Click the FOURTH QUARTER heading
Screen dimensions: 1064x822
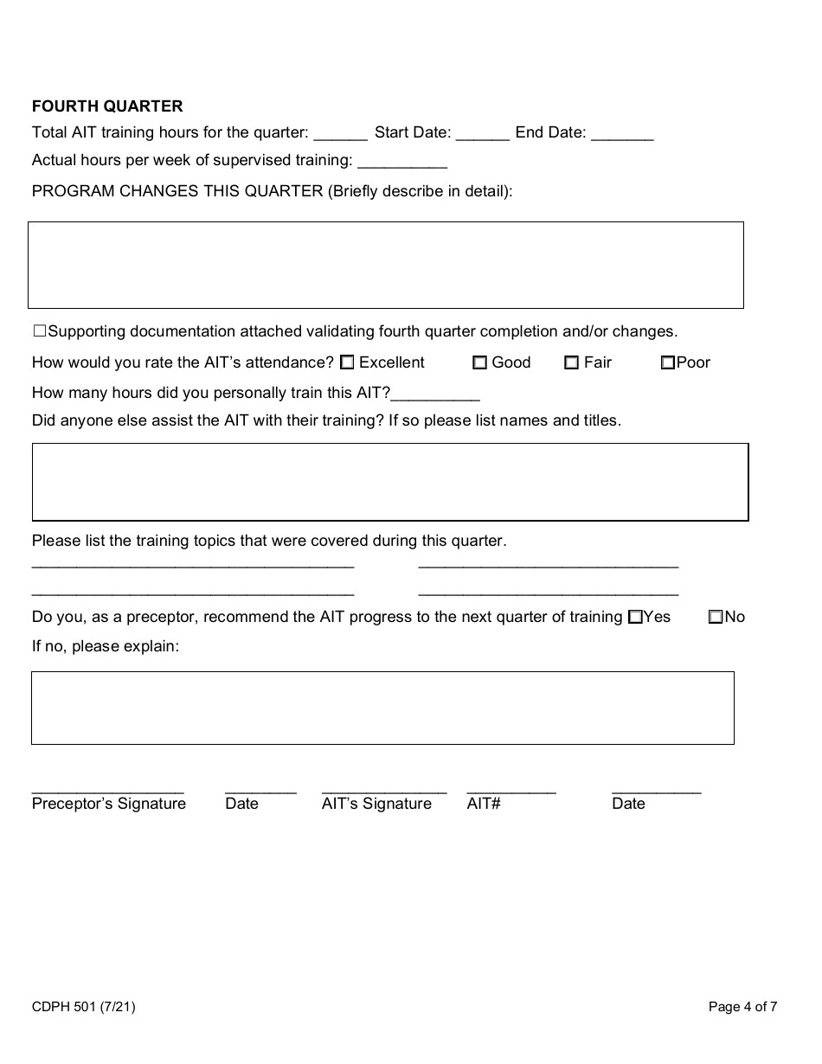tap(107, 106)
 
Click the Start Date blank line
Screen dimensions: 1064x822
tap(482, 134)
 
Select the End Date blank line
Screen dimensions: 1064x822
tap(622, 134)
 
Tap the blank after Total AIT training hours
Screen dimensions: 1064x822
tap(340, 134)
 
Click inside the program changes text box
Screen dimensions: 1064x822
tap(386, 265)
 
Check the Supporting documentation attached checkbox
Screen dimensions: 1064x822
tap(39, 331)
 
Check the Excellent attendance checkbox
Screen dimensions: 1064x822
tap(347, 362)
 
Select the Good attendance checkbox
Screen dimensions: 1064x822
tap(479, 362)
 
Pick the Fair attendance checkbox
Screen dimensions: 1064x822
tap(571, 362)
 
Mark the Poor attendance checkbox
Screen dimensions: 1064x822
tap(667, 362)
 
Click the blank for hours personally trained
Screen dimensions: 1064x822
tap(435, 394)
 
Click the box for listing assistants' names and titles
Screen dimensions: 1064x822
tap(389, 482)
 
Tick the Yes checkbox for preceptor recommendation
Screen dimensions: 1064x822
tap(635, 618)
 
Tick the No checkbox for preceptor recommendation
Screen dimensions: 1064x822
tap(716, 618)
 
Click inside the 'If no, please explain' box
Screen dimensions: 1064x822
tap(382, 708)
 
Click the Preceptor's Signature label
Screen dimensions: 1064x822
tap(109, 804)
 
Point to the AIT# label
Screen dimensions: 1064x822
tap(484, 804)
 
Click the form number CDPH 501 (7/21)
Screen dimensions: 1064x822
tap(83, 1006)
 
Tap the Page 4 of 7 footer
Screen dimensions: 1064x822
tap(742, 1006)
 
